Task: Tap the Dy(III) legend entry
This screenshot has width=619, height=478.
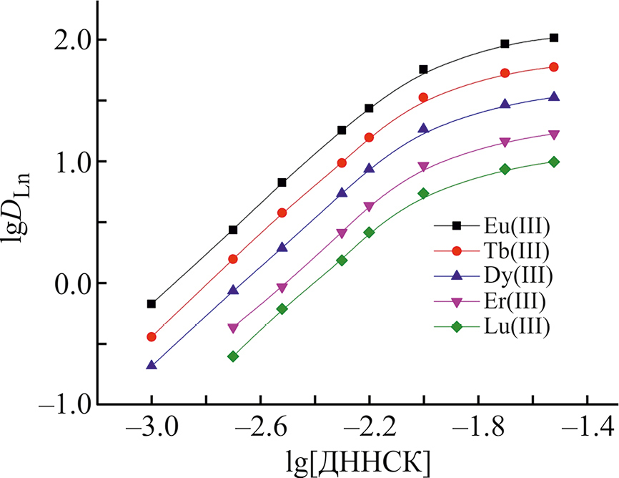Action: tap(515, 276)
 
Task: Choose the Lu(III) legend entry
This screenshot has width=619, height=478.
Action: tap(515, 326)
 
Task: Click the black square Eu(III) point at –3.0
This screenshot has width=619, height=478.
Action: tap(152, 304)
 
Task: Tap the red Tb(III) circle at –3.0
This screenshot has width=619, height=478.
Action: tap(152, 337)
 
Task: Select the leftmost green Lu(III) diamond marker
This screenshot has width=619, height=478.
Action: tap(233, 356)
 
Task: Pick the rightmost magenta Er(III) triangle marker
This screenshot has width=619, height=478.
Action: tap(554, 135)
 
